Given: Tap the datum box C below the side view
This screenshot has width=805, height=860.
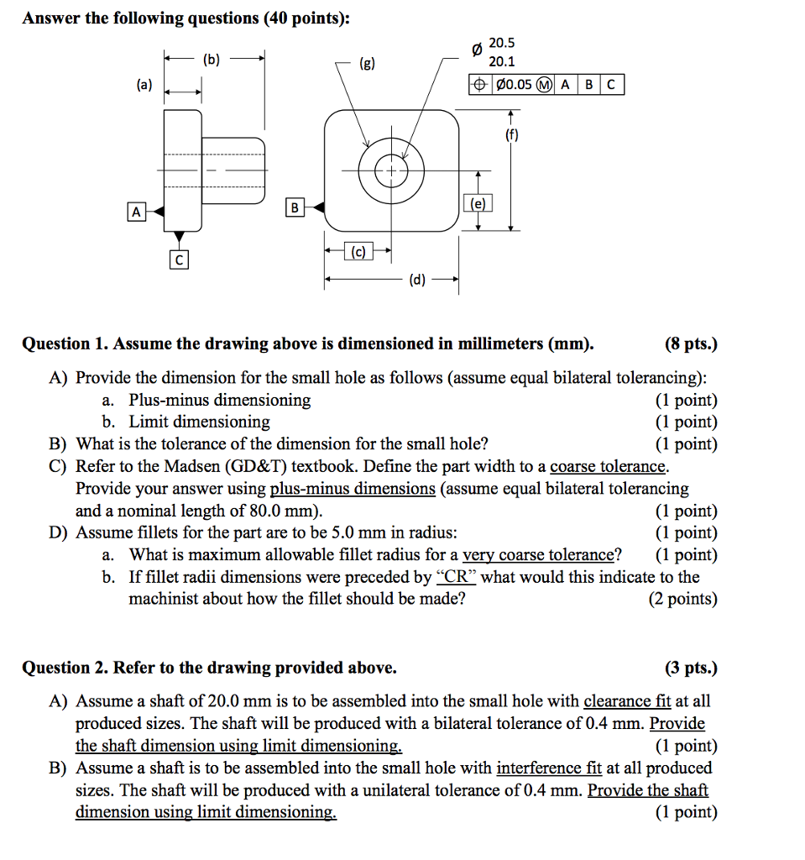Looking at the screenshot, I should [178, 260].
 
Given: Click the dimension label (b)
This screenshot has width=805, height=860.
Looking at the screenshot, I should [212, 59].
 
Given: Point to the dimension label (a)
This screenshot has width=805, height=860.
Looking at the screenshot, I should [144, 85].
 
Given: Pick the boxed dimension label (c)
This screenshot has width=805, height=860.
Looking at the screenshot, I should [358, 250].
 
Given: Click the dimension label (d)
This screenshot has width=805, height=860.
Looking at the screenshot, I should [417, 281].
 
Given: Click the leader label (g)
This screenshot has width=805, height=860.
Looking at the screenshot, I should [367, 61].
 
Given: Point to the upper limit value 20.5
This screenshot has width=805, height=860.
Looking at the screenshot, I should [502, 43].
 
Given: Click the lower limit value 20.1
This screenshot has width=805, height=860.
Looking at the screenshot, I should [502, 61].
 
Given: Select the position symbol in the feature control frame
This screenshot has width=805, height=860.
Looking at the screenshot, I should [479, 85].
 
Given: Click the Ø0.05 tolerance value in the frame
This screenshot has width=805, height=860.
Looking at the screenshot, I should [514, 85].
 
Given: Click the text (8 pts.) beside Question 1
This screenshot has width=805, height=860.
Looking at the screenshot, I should [691, 343].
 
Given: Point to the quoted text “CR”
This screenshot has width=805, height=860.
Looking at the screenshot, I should [457, 577].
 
